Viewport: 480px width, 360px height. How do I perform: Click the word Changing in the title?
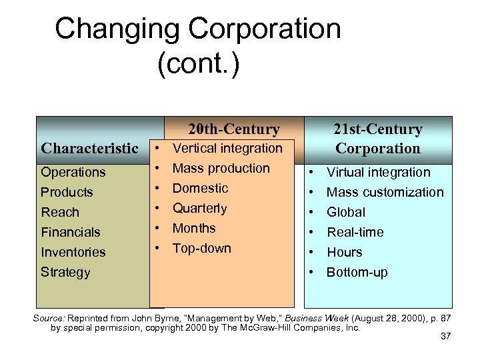[116, 29]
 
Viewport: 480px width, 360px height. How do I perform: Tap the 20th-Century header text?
[233, 129]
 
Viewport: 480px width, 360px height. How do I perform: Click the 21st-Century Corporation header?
[378, 139]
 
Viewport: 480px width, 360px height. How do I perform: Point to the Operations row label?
[73, 172]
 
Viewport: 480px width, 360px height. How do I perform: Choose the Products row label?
[67, 192]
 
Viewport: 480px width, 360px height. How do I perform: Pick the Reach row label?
[60, 212]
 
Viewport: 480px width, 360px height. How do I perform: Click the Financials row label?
[71, 232]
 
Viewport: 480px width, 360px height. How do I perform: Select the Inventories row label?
[73, 252]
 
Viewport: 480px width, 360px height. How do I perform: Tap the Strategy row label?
[65, 272]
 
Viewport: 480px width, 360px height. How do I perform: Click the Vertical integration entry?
[227, 148]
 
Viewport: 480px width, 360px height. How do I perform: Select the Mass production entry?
[221, 168]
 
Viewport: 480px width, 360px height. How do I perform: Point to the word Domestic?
[200, 188]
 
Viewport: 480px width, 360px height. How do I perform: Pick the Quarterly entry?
[200, 208]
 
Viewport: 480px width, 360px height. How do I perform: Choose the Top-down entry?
[202, 248]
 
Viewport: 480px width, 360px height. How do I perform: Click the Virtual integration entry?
[378, 172]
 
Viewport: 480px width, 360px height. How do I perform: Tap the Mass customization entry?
[385, 192]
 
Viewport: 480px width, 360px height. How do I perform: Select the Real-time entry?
[355, 232]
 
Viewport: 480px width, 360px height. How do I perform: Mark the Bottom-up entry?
[357, 272]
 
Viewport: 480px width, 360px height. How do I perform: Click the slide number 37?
[446, 336]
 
